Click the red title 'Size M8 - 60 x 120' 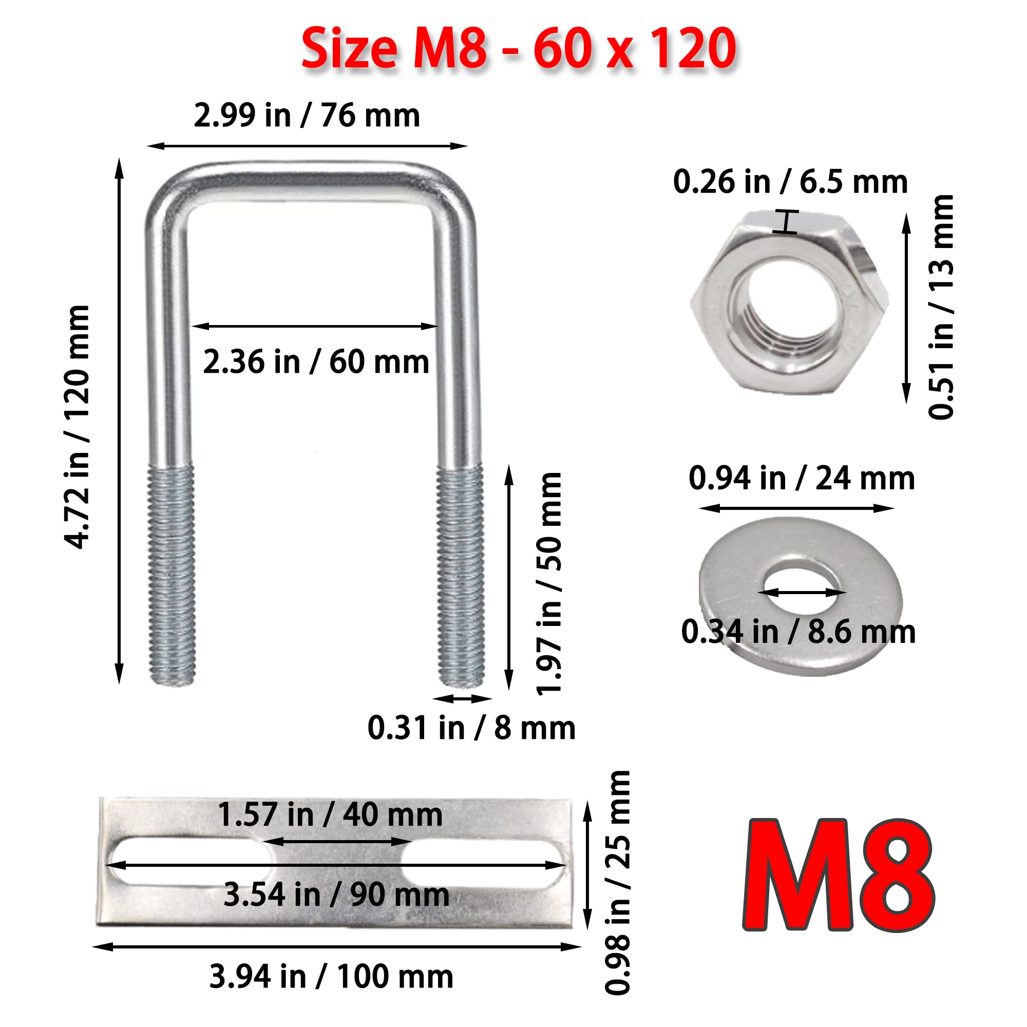click(x=518, y=49)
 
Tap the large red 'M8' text click(x=839, y=874)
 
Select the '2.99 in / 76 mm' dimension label click(x=307, y=116)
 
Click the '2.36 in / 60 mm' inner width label click(x=316, y=362)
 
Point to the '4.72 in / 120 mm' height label click(x=77, y=427)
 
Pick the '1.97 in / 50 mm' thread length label click(x=549, y=584)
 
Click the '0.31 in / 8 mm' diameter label click(x=471, y=728)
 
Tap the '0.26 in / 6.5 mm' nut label click(x=790, y=182)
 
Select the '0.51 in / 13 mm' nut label click(x=941, y=307)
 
